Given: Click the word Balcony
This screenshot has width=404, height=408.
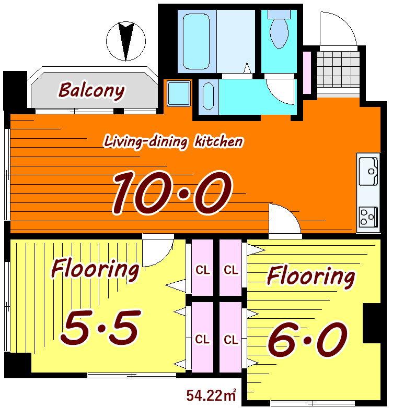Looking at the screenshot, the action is pos(91,91).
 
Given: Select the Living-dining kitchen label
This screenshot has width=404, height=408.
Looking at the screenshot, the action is pos(174,141).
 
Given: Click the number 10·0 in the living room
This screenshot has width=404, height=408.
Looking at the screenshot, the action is pos(172,193).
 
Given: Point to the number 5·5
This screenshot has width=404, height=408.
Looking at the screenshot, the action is pos(101,327).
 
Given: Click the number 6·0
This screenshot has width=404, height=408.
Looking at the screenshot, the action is pos(307,339).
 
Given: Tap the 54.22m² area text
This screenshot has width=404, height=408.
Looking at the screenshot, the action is pos(211,395).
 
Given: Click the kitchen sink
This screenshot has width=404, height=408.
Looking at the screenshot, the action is pos(368,171).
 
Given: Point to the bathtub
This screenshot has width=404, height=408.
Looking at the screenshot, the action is pos(197,41).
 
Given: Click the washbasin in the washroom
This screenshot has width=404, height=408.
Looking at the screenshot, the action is pos(208,97).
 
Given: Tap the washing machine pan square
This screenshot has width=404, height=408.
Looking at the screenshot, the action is pos(179,94).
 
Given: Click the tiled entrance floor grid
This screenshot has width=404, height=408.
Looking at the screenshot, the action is pos(338,69).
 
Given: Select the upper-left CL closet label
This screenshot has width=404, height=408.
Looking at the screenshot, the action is pos(202,270).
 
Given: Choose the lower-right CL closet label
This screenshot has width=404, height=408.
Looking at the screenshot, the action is pos(231,340).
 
